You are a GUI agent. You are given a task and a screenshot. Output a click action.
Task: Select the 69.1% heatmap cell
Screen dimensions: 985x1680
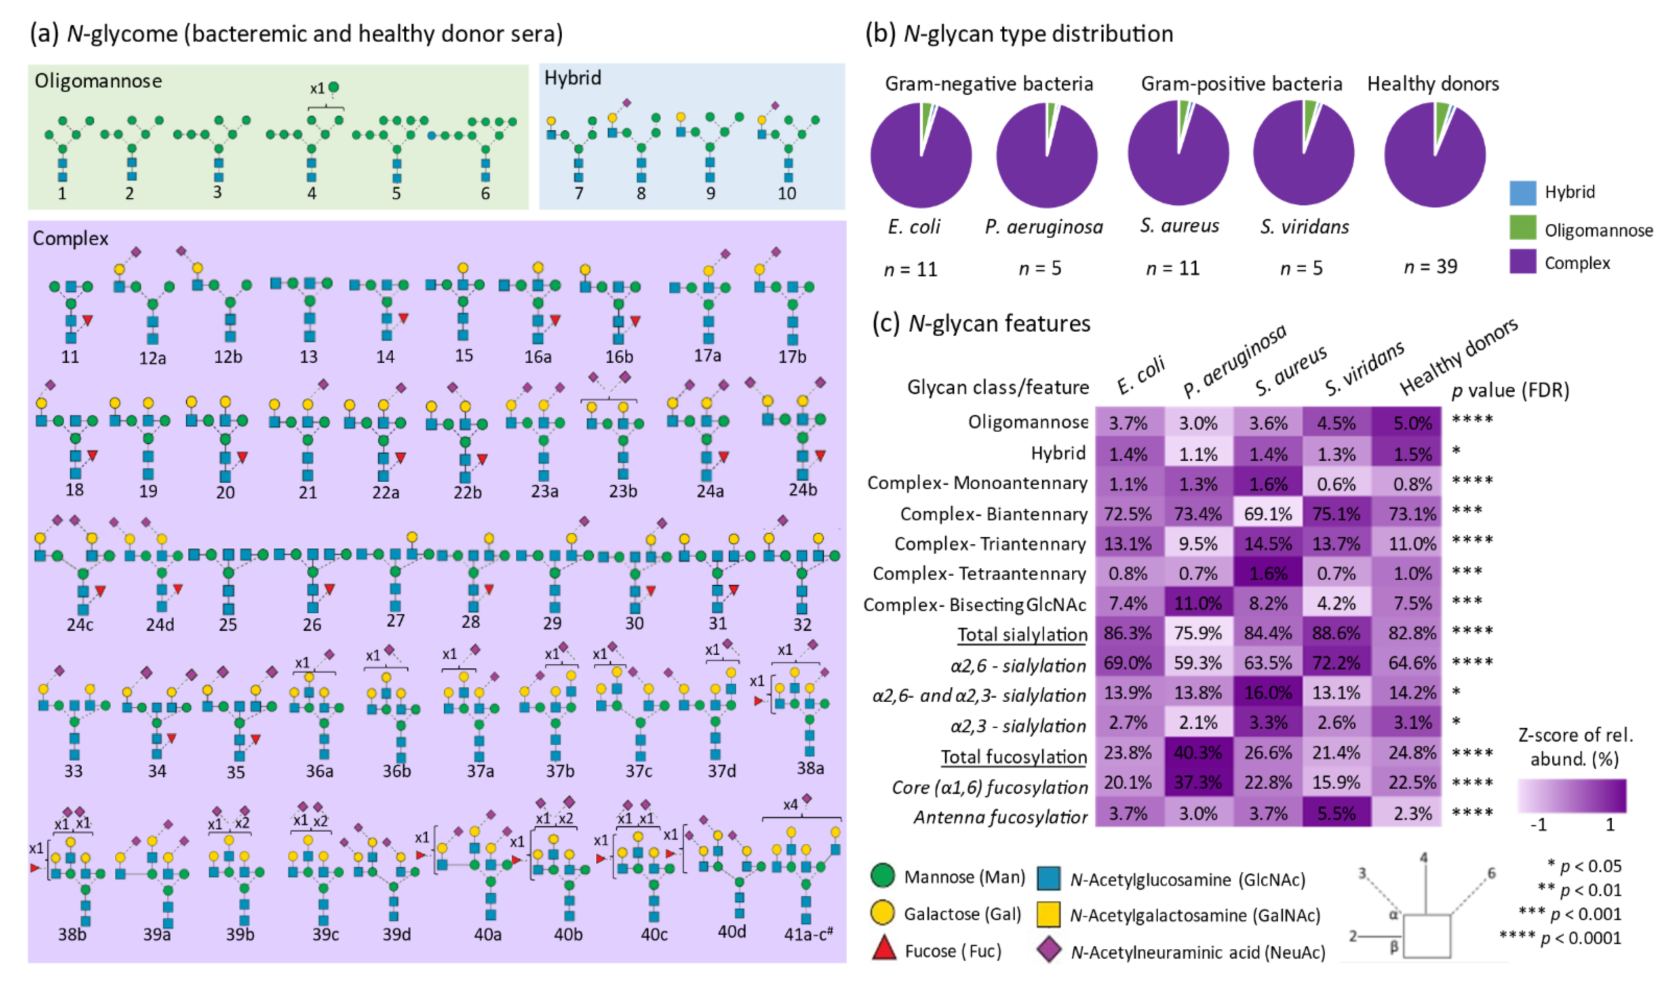tap(1267, 514)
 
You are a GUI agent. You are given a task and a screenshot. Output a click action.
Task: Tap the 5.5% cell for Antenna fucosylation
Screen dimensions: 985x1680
tap(1336, 813)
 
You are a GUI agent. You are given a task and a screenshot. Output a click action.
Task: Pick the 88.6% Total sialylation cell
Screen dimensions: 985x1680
tap(1336, 632)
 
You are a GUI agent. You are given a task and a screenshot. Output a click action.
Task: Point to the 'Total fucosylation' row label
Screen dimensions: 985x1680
tap(1014, 757)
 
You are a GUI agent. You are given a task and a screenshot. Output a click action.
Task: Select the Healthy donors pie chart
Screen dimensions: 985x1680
tap(1435, 155)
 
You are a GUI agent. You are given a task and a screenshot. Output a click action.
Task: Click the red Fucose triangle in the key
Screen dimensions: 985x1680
tap(884, 949)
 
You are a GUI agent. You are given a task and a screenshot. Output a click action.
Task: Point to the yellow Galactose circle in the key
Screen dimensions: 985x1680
tap(883, 913)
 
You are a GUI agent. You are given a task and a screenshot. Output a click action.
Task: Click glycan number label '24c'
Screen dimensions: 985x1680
tap(80, 624)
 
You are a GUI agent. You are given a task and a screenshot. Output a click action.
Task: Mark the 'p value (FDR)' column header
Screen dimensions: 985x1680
tap(1510, 390)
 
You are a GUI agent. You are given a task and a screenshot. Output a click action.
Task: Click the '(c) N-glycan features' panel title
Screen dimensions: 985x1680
tap(981, 324)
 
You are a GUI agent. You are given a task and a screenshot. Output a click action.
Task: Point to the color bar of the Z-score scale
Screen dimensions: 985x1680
tap(1572, 796)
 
